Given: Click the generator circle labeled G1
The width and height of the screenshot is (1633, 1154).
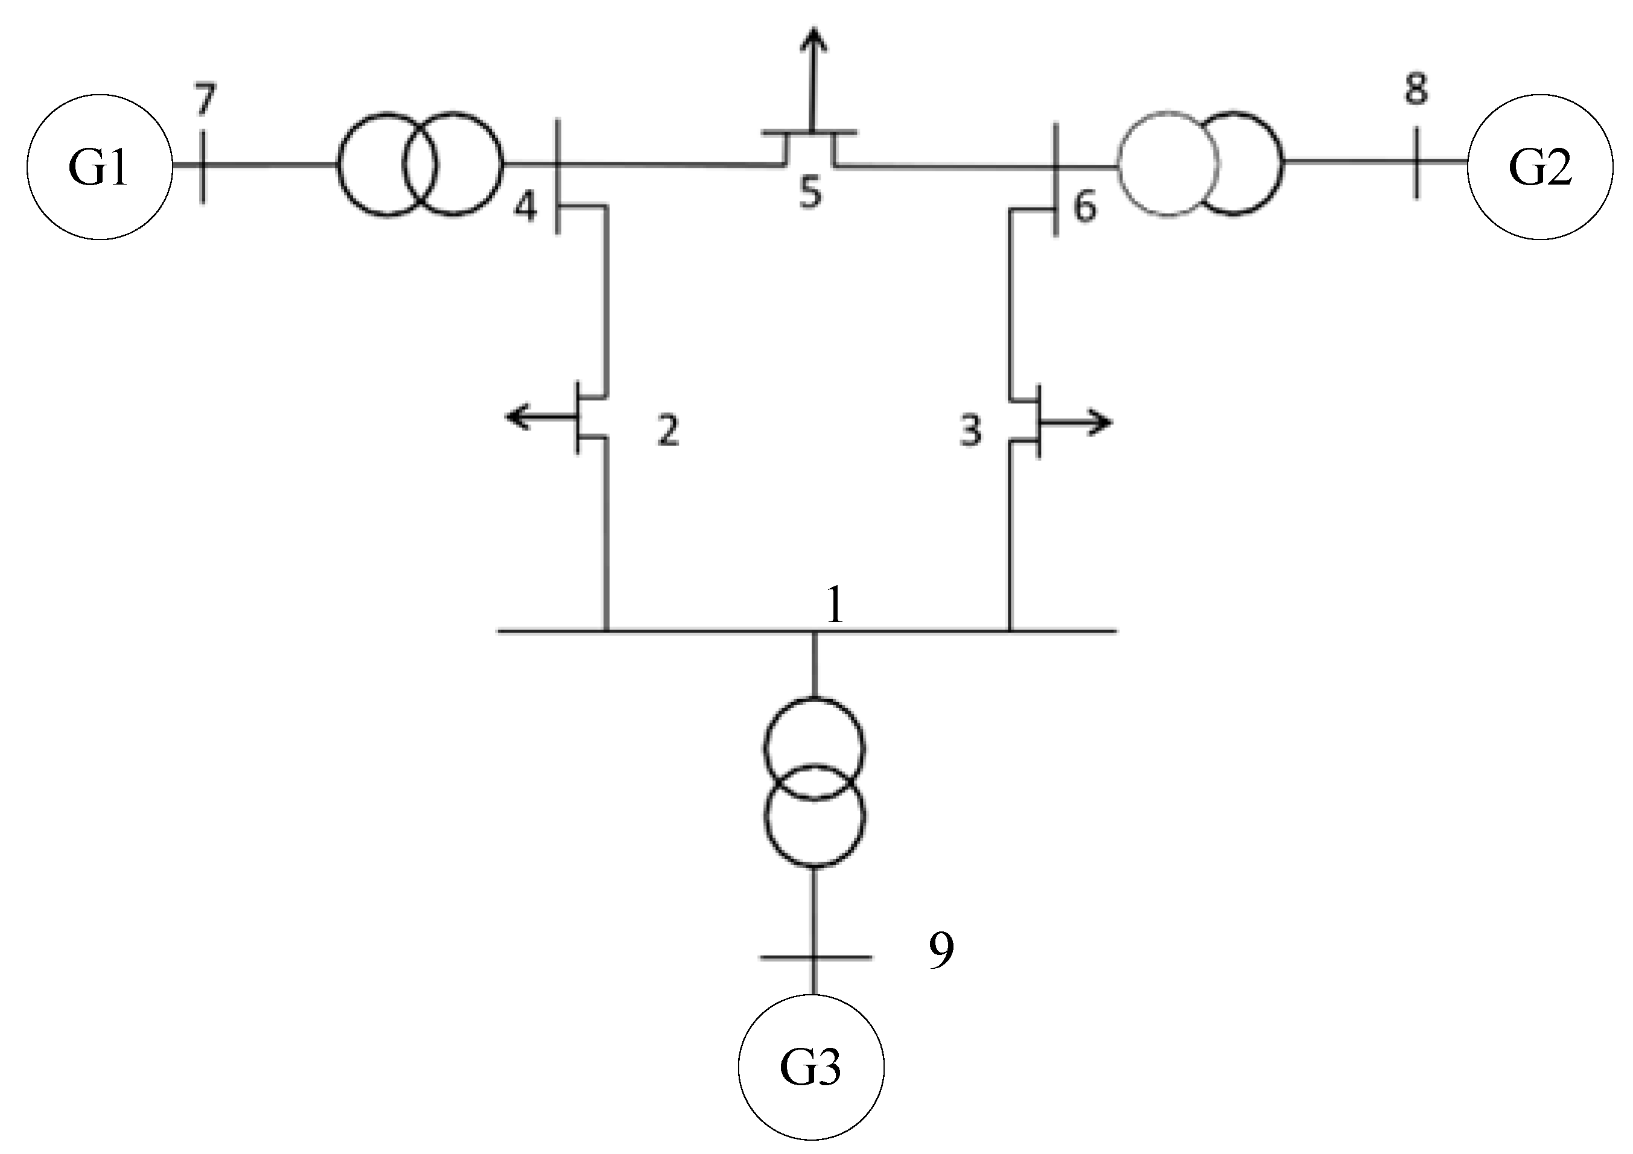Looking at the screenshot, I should pos(100,166).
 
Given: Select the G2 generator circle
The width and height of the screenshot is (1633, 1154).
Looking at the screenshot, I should pos(1540,166).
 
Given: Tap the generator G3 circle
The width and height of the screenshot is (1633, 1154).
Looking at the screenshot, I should pos(811,1067).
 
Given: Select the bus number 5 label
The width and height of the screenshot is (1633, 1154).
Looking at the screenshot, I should pos(810,192).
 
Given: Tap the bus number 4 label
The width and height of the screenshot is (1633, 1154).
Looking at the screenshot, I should pos(526,207).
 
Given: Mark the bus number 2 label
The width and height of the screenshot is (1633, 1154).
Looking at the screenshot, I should pos(668,430).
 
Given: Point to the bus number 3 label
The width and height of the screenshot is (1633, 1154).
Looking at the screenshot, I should pos(971,430).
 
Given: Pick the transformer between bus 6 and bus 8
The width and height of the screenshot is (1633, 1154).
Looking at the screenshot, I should pos(1200,163).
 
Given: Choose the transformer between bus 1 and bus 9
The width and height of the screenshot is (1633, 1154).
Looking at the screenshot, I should pos(814,783).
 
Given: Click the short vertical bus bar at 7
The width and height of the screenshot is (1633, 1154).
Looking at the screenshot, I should pos(203,166).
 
